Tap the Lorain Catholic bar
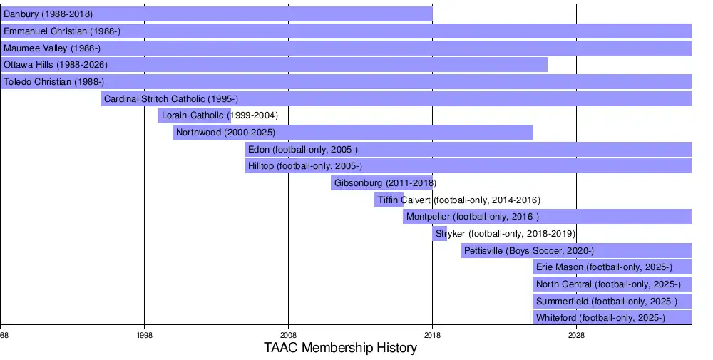[x=194, y=115]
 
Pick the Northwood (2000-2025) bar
[x=352, y=133]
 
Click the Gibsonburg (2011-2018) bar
[x=381, y=183]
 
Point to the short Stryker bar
[x=439, y=234]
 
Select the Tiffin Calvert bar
[x=389, y=200]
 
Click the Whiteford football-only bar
[x=612, y=318]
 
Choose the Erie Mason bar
[x=612, y=267]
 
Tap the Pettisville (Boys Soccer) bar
[x=576, y=251]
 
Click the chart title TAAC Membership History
[x=340, y=349]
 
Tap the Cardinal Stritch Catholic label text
[x=170, y=99]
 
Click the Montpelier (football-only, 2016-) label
[x=472, y=217]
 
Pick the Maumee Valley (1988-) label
[x=52, y=48]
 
